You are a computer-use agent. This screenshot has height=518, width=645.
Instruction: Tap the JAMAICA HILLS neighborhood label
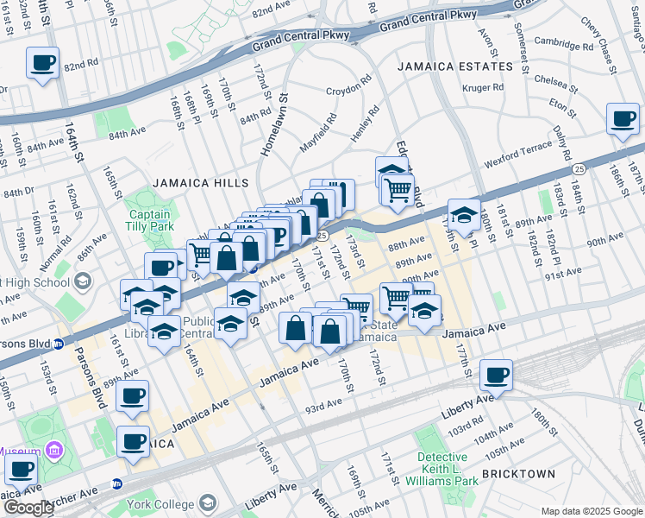(200, 183)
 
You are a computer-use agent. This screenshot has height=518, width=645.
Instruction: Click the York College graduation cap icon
(208, 502)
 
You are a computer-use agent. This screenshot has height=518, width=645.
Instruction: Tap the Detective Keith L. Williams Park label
(448, 465)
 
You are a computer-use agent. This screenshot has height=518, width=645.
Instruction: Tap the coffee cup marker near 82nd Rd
(42, 62)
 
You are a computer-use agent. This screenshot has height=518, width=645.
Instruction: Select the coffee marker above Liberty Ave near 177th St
(496, 375)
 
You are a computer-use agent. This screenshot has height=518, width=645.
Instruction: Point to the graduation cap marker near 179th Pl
(464, 215)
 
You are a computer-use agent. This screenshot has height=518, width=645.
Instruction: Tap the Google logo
(28, 508)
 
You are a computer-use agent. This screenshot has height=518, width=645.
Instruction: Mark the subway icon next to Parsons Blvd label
(59, 343)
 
